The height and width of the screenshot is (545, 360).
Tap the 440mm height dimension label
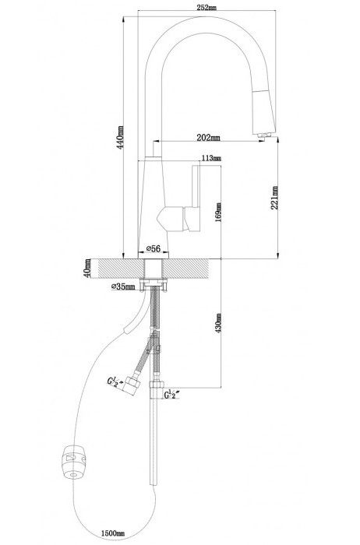[x=120, y=137]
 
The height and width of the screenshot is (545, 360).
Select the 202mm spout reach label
[x=208, y=138]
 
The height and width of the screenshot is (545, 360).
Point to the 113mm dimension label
[x=211, y=159]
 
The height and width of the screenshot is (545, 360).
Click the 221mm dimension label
[x=274, y=198]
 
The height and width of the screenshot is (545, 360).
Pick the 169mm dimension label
[x=218, y=213]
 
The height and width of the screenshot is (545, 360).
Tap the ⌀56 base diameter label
[x=153, y=248]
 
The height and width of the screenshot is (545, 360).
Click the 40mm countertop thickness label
[x=87, y=268]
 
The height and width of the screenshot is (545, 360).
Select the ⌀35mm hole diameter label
[x=123, y=287]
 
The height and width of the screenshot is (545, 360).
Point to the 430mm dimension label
[x=218, y=323]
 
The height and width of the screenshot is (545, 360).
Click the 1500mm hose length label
[x=113, y=533]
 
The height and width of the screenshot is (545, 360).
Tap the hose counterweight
[x=73, y=462]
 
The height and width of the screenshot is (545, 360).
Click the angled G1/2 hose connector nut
[x=132, y=385]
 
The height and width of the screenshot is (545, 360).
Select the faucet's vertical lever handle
[x=196, y=198]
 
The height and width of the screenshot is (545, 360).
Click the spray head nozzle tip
[x=264, y=136]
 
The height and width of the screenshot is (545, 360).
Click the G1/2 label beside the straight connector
[x=171, y=395]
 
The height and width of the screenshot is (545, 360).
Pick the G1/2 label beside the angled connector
[x=115, y=381]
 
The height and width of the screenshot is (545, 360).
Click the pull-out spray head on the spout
[x=265, y=111]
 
